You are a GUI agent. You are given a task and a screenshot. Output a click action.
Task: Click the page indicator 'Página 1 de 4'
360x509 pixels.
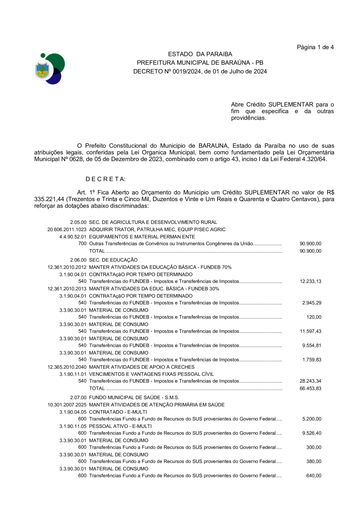[x=315, y=47]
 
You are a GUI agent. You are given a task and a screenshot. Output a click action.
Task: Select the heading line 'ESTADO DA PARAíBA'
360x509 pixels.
[x=200, y=54]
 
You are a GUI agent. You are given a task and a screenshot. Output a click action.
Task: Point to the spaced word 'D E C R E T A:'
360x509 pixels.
[x=106, y=179]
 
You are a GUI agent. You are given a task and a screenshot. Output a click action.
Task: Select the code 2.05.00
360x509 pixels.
[x=78, y=222]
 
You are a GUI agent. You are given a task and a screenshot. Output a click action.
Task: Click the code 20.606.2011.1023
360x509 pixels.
[x=67, y=230]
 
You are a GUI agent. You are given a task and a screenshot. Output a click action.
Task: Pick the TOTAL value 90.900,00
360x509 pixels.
[x=310, y=251]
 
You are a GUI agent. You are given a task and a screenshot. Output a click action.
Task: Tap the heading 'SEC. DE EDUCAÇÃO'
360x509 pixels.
[x=113, y=260]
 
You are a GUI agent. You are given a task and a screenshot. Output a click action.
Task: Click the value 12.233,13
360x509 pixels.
[x=310, y=281]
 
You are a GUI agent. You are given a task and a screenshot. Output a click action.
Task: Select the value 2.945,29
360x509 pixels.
[x=312, y=303]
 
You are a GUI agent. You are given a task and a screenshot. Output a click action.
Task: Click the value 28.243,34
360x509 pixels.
[x=310, y=381]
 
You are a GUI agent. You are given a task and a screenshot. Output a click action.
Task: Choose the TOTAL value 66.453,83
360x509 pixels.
[x=310, y=389]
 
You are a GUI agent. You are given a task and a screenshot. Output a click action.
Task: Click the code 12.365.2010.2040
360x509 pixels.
[x=67, y=367]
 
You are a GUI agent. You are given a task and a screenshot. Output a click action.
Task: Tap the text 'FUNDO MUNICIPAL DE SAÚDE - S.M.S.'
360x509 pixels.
[x=134, y=398]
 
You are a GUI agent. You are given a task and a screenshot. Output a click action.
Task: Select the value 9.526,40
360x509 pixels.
[x=312, y=433]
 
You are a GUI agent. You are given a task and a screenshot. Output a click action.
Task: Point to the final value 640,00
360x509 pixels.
[x=314, y=476]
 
